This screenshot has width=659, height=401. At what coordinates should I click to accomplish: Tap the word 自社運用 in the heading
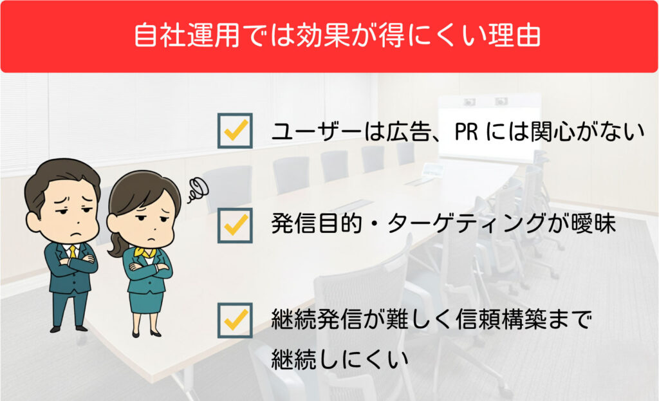click(x=187, y=35)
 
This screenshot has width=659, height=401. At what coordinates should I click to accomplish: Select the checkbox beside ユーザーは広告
click(x=235, y=130)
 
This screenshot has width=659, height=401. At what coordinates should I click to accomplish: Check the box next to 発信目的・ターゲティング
click(x=235, y=225)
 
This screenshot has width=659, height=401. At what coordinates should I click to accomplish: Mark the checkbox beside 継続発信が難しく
click(x=235, y=320)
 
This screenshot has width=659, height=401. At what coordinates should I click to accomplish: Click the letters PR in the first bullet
click(x=466, y=131)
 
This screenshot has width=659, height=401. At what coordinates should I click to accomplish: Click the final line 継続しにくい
click(x=340, y=359)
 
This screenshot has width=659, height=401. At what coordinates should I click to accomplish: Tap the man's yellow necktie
click(x=73, y=252)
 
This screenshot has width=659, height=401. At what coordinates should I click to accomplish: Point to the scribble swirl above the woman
click(x=198, y=190)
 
